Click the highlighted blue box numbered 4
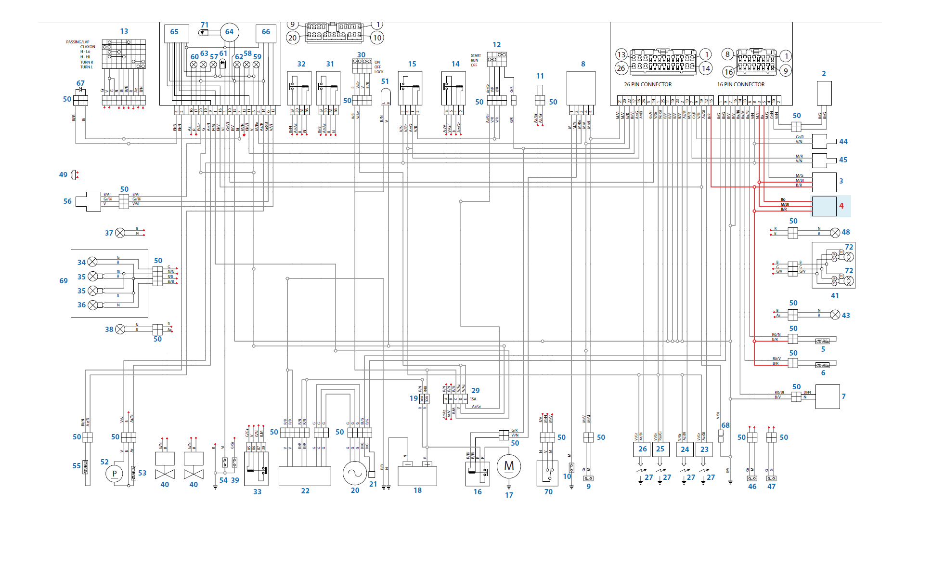point(824,206)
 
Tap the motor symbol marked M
point(509,466)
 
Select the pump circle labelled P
point(114,474)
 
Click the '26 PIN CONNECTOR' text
point(647,84)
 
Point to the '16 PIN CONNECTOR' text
point(740,84)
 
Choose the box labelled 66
point(266,32)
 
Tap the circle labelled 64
point(230,32)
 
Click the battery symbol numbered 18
point(417,475)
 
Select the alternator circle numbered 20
point(355,473)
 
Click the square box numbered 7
point(828,397)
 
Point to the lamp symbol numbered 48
point(835,233)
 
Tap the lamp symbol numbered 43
point(835,315)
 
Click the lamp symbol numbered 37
point(120,233)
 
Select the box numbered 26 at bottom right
point(642,450)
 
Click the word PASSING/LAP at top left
point(78,42)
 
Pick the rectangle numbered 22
point(305,476)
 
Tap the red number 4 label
point(841,206)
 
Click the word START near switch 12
point(476,55)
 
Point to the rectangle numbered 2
point(824,93)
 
